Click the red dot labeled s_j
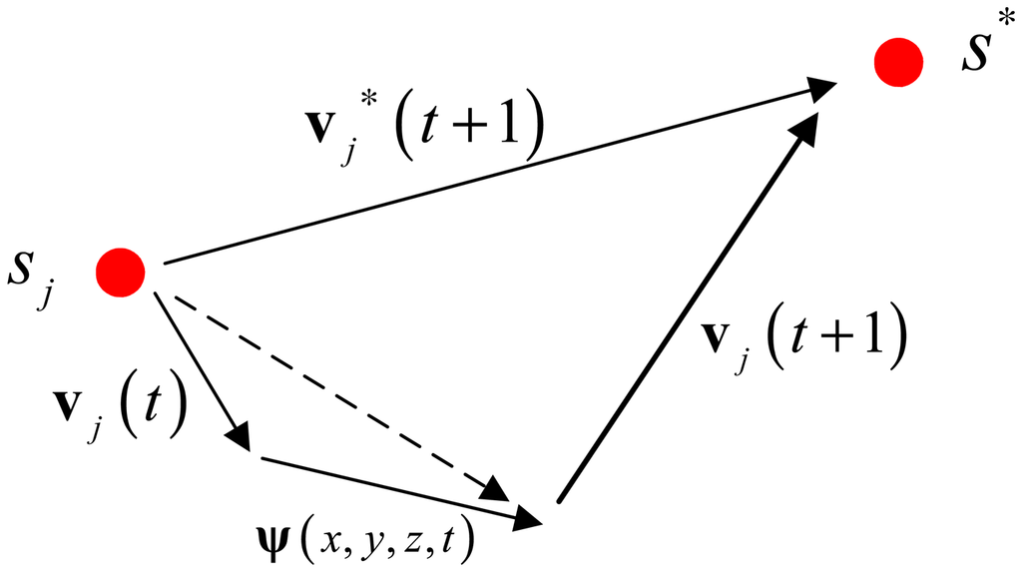(x=122, y=272)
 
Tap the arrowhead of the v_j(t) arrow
(x=240, y=437)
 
